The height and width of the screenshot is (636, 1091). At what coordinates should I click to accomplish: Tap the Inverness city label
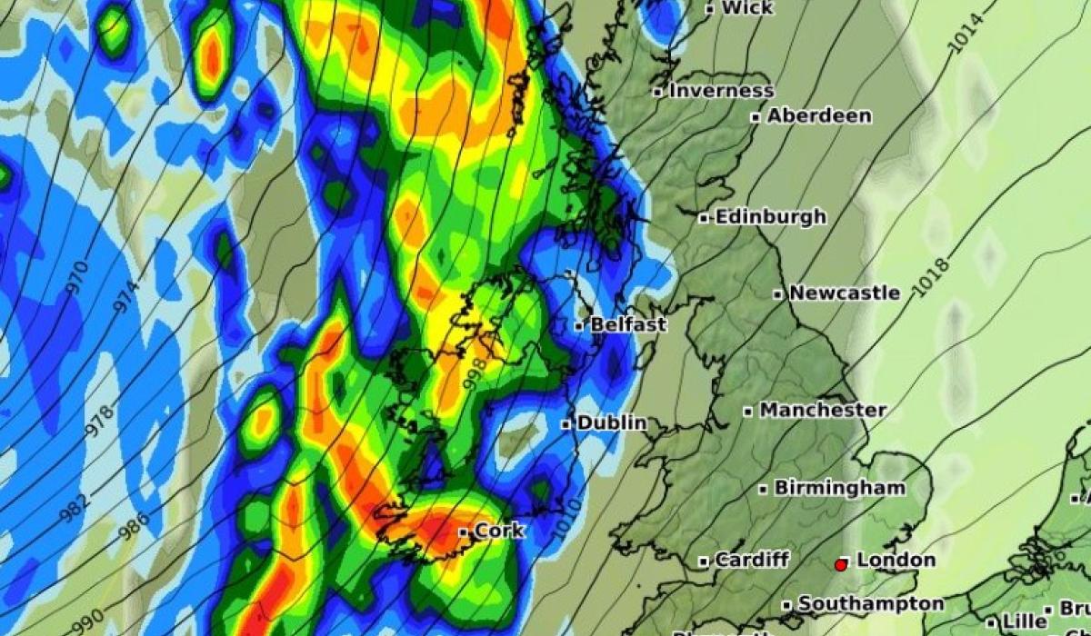(721, 91)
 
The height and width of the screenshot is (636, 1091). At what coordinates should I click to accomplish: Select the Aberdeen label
(818, 116)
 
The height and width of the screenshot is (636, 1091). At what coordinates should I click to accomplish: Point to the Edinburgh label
(770, 217)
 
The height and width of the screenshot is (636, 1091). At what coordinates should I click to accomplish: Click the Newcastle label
(844, 293)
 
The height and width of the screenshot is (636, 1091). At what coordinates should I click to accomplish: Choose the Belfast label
(628, 324)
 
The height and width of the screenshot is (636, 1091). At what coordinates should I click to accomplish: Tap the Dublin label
(611, 422)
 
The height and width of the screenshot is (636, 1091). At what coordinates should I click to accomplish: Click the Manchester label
(822, 411)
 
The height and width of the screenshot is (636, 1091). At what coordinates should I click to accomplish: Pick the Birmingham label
(838, 488)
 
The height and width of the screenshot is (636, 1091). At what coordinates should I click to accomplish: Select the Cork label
(499, 531)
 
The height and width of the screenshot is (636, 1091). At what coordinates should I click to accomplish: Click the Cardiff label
(751, 560)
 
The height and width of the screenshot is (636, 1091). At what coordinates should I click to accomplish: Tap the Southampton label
(870, 604)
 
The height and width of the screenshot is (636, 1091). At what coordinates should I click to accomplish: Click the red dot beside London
(841, 565)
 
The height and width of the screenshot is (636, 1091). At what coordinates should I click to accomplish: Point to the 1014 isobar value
(966, 34)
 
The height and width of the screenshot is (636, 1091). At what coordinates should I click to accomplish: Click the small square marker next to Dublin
(566, 424)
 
